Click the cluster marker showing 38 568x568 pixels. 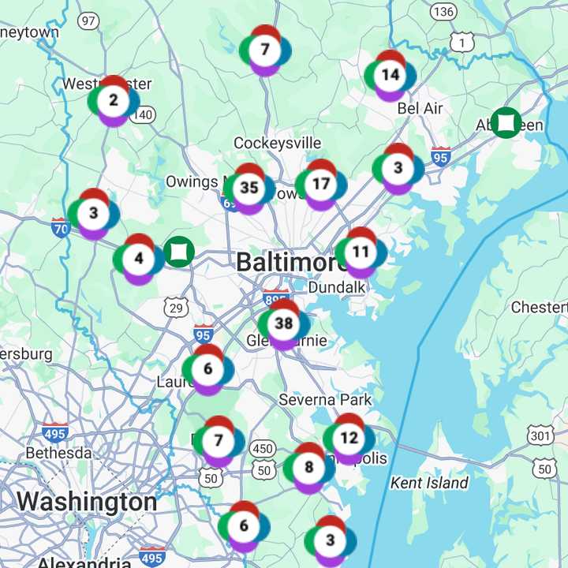284,323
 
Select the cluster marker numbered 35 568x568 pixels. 249,188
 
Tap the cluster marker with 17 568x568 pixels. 321,184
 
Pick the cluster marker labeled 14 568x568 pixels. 390,76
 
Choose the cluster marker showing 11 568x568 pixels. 361,252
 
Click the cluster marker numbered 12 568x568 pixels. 349,438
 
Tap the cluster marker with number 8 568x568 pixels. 308,467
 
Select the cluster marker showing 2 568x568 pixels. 114,101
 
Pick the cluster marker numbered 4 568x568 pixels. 139,258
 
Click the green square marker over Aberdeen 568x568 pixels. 506,122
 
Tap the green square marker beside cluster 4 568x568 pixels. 179,252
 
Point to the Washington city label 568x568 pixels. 86,502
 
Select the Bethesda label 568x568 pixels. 58,453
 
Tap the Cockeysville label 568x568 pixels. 278,143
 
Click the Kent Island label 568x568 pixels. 429,482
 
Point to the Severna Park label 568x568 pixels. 325,400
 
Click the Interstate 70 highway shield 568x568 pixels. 61,228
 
